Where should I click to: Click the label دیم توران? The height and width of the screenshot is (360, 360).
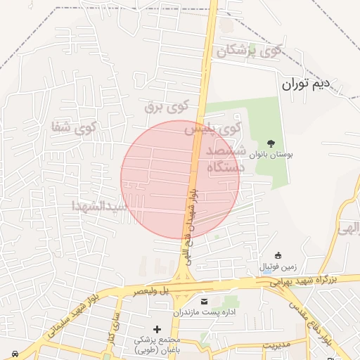coord(305,86)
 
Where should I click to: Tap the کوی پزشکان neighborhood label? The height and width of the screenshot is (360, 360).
coord(250,51)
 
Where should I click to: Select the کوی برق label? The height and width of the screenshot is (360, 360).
coord(167,106)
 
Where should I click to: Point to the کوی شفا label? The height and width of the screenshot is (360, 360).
coord(73,128)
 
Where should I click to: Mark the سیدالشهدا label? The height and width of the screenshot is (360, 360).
coord(98,206)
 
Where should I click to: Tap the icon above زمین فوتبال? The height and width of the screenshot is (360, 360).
coord(279,255)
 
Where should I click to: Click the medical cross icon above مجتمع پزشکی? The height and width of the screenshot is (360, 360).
coord(156,329)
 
